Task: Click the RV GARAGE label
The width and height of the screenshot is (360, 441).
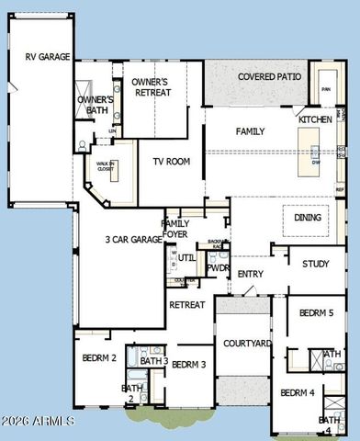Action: click(x=48, y=57)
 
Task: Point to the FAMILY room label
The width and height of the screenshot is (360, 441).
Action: click(x=250, y=132)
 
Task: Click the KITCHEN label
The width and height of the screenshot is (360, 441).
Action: click(x=315, y=120)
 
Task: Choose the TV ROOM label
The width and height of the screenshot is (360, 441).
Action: click(x=171, y=162)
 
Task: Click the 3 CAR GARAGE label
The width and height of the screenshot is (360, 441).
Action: click(x=134, y=240)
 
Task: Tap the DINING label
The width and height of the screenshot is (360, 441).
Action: click(x=308, y=218)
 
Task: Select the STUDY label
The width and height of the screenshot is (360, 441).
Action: click(x=315, y=265)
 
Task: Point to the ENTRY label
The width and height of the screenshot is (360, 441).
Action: click(x=250, y=274)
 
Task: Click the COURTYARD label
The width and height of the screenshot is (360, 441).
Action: click(x=247, y=344)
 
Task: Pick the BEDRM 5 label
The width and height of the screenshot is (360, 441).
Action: click(x=317, y=313)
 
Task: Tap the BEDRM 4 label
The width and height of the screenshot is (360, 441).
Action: click(x=298, y=392)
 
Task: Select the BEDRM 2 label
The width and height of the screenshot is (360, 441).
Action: click(x=98, y=357)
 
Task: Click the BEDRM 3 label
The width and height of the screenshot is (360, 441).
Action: click(x=188, y=365)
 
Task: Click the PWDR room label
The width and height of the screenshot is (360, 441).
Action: click(x=218, y=268)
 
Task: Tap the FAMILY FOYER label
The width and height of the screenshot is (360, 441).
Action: click(x=175, y=228)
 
